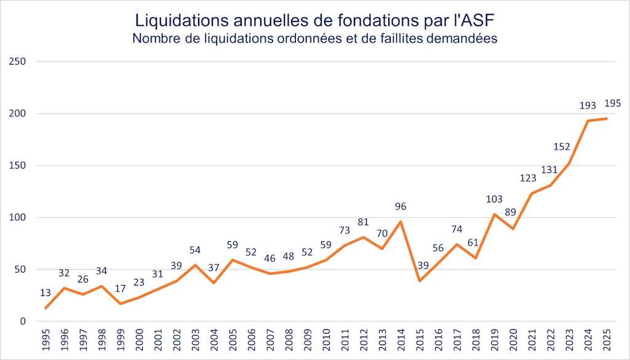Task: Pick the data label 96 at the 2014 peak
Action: pyautogui.click(x=401, y=207)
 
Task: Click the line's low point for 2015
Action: pyautogui.click(x=420, y=281)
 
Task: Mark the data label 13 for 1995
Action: pyautogui.click(x=46, y=292)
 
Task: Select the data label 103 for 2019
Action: pyautogui.click(x=494, y=199)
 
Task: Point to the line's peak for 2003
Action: pyautogui.click(x=195, y=265)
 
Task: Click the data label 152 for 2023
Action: pyautogui.click(x=562, y=147)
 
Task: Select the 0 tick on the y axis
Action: pyautogui.click(x=22, y=321)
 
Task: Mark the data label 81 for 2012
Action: pyautogui.click(x=363, y=222)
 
